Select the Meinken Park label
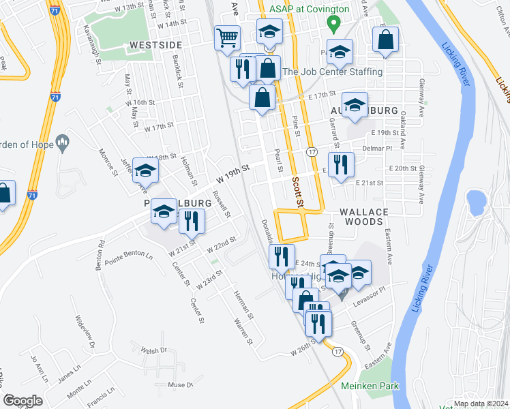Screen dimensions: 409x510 point(370,387)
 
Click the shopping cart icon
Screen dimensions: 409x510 point(227,38)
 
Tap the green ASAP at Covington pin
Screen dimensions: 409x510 point(333,25)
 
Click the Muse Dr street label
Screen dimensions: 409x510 point(181,385)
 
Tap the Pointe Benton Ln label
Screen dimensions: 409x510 point(129,256)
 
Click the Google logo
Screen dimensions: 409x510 point(22,401)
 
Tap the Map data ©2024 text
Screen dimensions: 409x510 point(480,404)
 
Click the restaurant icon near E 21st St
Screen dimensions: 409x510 point(342,164)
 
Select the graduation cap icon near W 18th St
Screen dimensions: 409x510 point(145,172)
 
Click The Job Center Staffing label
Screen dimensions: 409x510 point(332,72)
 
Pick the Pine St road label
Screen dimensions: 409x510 point(296,125)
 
